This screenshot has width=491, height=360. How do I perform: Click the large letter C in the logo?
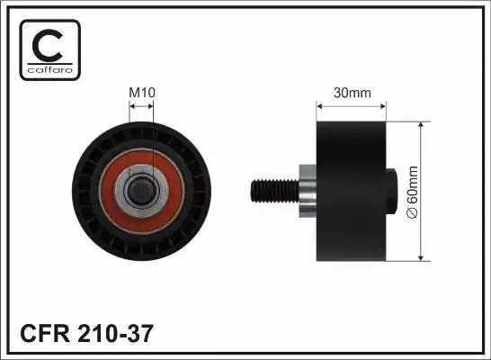click(x=48, y=45)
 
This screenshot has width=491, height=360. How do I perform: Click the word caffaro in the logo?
click(x=50, y=69)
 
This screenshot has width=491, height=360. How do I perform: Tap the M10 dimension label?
click(x=142, y=93)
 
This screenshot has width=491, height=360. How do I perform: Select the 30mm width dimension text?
click(x=353, y=93)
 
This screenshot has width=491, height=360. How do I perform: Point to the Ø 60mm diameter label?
click(x=412, y=192)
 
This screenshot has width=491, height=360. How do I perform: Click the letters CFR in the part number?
click(x=45, y=333)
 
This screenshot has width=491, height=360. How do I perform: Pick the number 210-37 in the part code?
click(x=115, y=333)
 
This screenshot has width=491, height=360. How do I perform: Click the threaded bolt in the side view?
click(x=274, y=191)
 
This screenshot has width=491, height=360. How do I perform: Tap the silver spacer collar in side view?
click(x=308, y=191)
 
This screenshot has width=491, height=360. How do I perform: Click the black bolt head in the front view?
click(x=140, y=190)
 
